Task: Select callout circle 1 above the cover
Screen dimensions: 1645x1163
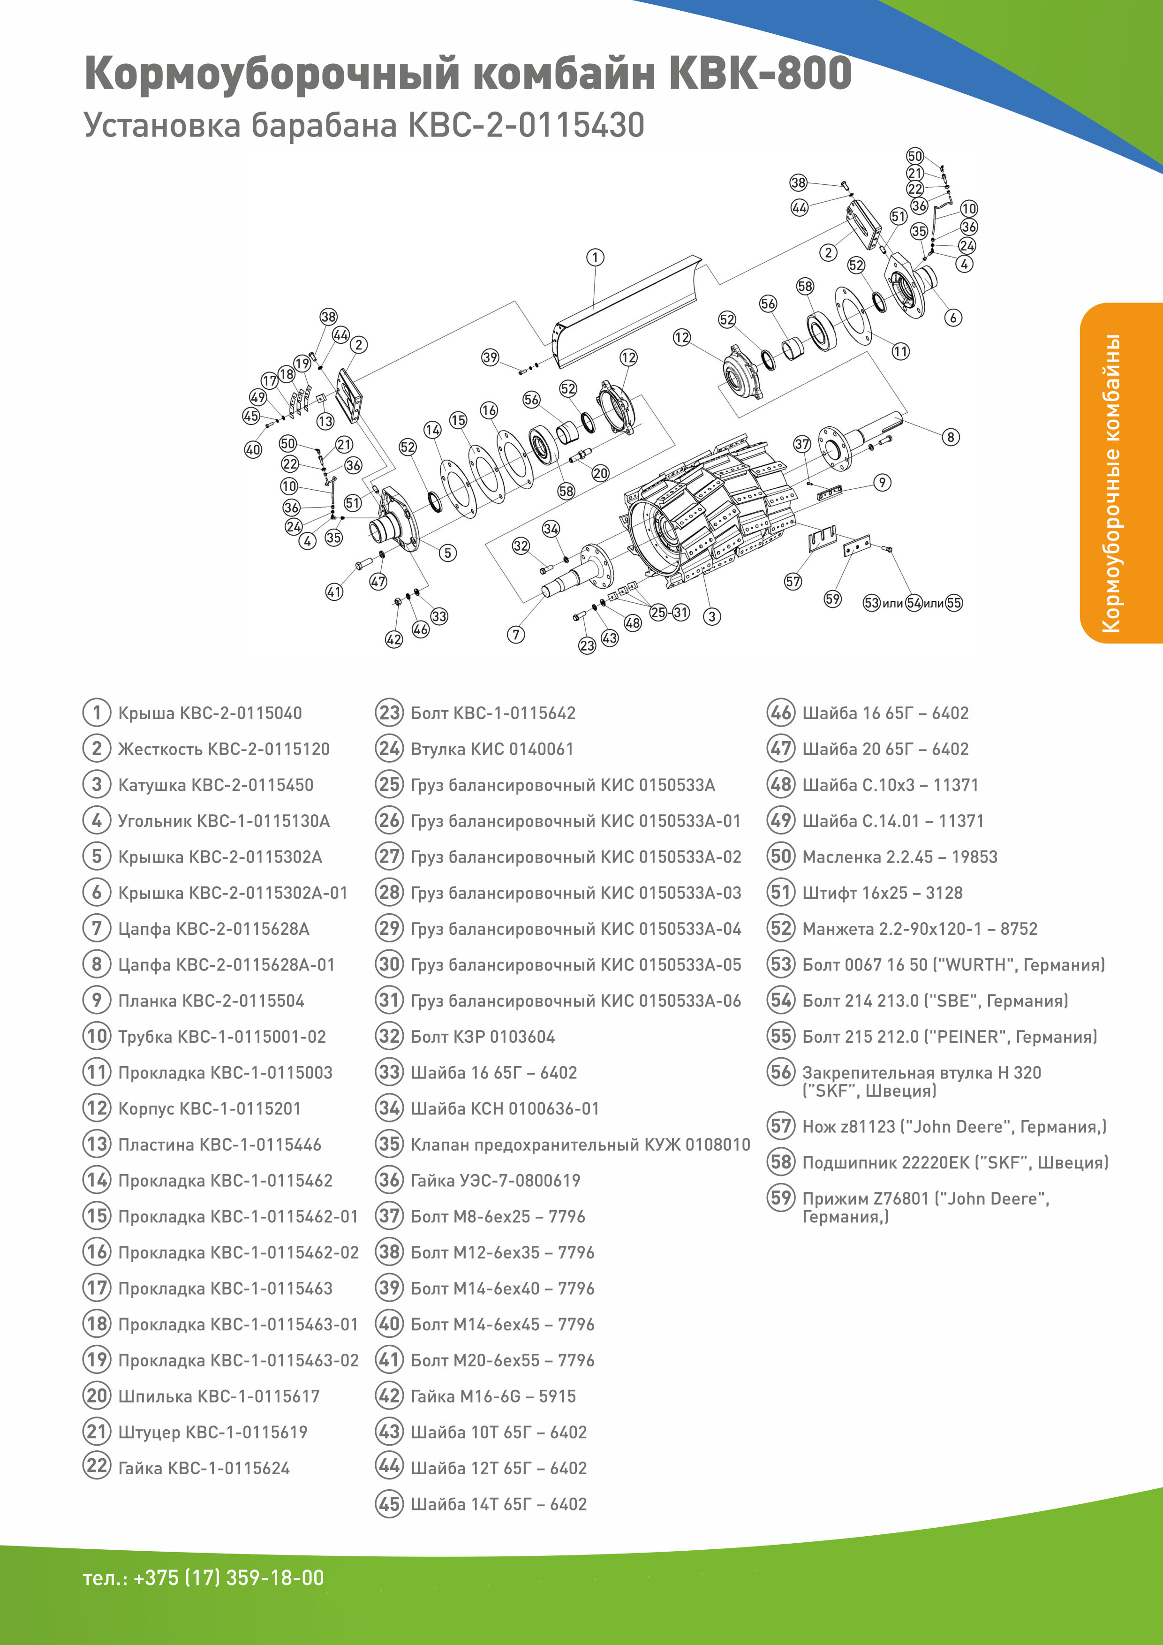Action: coord(595,257)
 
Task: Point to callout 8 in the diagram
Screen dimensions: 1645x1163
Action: coord(950,437)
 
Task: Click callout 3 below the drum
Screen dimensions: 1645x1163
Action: coord(711,616)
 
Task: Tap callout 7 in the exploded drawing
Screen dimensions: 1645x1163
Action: coord(516,634)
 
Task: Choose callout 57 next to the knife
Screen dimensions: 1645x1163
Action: coord(793,581)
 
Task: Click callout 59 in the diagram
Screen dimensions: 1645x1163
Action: coord(832,599)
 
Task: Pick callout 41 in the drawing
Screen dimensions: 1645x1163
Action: coord(334,592)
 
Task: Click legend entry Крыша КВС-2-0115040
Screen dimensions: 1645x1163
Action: coord(209,713)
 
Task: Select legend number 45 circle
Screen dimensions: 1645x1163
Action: coord(389,1504)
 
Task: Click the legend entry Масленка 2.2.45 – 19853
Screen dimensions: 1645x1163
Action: coord(899,857)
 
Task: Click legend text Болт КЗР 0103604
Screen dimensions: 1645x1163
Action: coord(482,1037)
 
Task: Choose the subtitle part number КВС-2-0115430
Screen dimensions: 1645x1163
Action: coord(526,125)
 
